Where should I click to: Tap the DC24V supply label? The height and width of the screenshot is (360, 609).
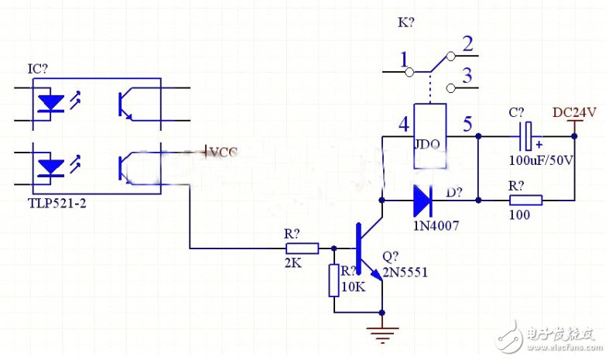[574, 112]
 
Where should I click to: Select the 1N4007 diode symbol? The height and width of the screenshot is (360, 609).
[423, 200]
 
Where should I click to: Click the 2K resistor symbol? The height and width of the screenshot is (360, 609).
[302, 249]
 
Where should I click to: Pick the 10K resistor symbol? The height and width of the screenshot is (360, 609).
[334, 280]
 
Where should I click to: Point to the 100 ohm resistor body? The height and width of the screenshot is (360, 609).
[525, 200]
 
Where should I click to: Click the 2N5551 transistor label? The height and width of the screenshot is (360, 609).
[405, 273]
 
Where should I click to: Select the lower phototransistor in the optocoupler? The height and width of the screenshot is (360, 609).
[127, 165]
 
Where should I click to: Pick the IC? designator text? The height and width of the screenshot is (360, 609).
[37, 69]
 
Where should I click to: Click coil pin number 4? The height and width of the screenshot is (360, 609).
[402, 124]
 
